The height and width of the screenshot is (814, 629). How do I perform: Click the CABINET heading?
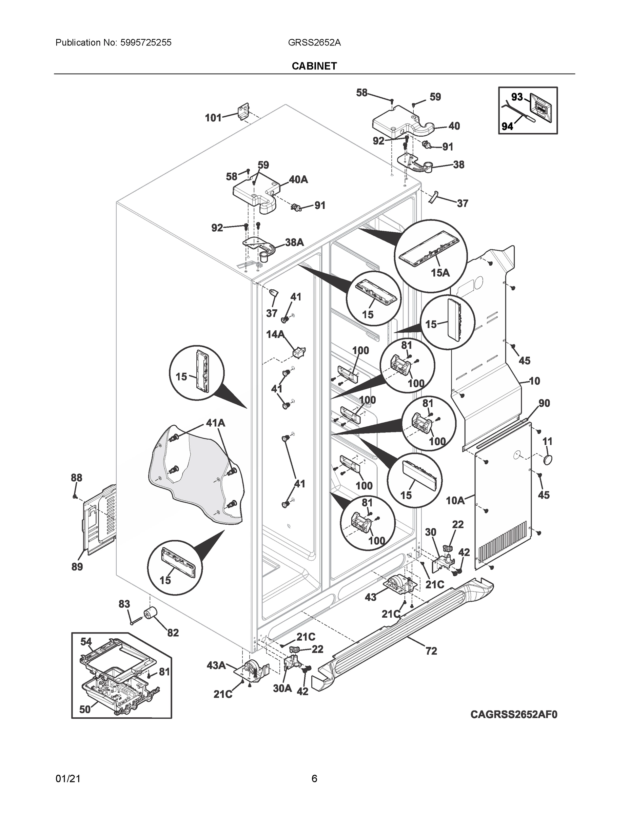coord(314,66)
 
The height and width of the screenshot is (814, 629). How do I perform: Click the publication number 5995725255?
coord(146,42)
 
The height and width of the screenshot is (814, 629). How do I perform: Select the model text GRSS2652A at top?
coord(314,42)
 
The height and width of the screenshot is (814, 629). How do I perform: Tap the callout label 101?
coord(213,118)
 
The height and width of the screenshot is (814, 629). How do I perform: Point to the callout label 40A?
coord(298,180)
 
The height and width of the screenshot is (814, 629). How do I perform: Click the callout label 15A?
coord(440,273)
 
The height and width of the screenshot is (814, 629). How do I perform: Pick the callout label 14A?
coord(275,334)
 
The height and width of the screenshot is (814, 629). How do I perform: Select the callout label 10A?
coord(455,501)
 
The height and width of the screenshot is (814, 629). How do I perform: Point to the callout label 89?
coord(77,567)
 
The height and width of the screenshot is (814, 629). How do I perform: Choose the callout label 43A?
coord(216,664)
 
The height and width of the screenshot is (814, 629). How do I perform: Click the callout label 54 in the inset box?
coord(86,641)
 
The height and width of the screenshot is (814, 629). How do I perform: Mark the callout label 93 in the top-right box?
coord(517,97)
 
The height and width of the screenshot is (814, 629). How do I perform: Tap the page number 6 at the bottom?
coord(314,779)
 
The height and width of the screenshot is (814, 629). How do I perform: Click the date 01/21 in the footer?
coord(68,779)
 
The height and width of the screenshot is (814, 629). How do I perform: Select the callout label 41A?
coord(215,423)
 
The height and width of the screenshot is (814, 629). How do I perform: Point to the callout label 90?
coord(544,403)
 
